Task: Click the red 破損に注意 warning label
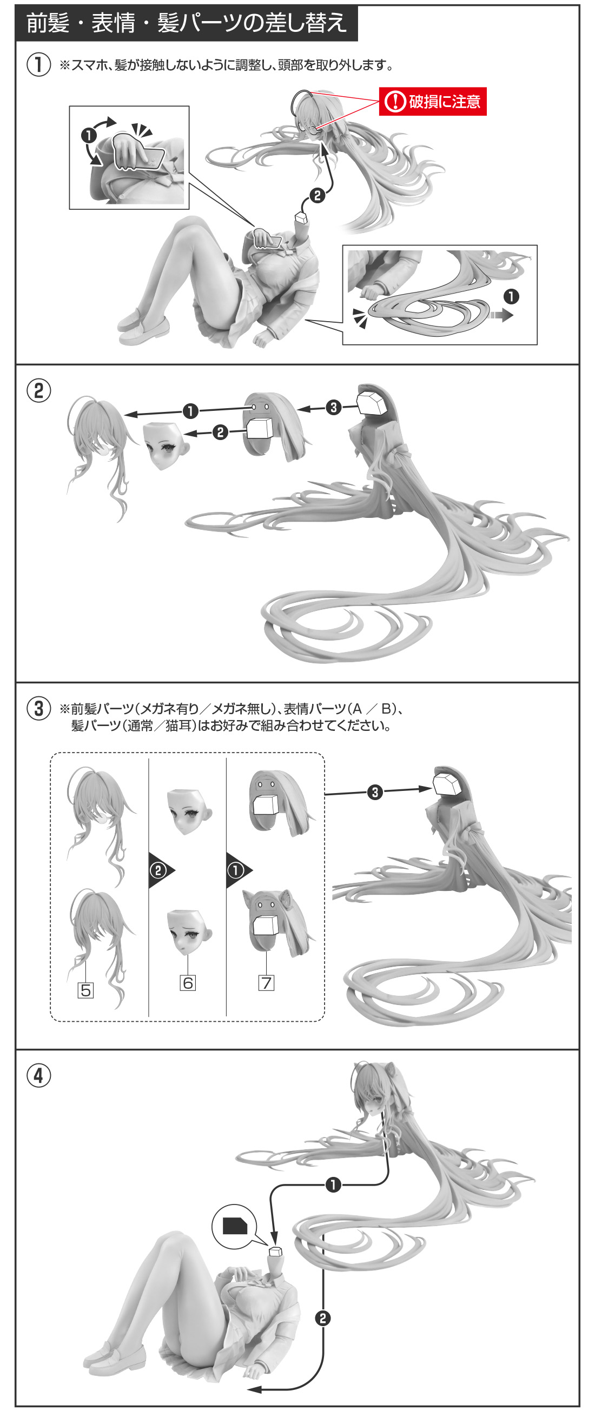pyautogui.click(x=433, y=101)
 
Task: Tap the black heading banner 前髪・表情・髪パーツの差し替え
pyautogui.click(x=186, y=23)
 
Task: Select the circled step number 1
pyautogui.click(x=39, y=65)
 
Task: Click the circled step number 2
pyautogui.click(x=39, y=390)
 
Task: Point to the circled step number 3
pyautogui.click(x=39, y=708)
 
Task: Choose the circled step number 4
pyautogui.click(x=39, y=1075)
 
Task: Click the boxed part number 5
pyautogui.click(x=85, y=990)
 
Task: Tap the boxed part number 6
pyautogui.click(x=188, y=983)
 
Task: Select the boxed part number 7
pyautogui.click(x=266, y=983)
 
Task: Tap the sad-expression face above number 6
pyautogui.click(x=188, y=931)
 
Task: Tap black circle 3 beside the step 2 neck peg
pyautogui.click(x=334, y=408)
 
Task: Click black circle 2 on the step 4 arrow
pyautogui.click(x=323, y=1318)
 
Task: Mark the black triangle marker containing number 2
pyautogui.click(x=161, y=870)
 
